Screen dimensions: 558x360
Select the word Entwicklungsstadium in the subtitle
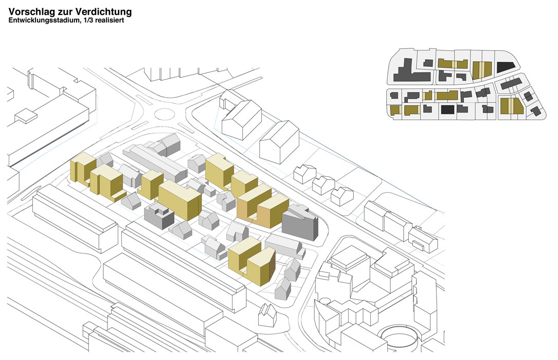coord(43,20)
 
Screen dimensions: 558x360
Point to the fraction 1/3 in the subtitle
coord(87,20)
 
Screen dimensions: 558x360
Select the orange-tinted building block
coord(263,207)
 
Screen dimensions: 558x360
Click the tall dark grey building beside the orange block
coord(300,222)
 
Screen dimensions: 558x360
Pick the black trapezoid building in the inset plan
coord(506,67)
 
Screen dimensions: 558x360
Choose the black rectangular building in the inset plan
coord(447,109)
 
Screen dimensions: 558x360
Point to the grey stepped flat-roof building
coord(159,215)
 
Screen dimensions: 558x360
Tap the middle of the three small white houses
coord(323,185)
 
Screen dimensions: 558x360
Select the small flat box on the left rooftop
coord(26,116)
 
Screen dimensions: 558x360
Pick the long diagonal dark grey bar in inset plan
coord(511,84)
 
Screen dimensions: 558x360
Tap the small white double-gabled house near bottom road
coord(267,315)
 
